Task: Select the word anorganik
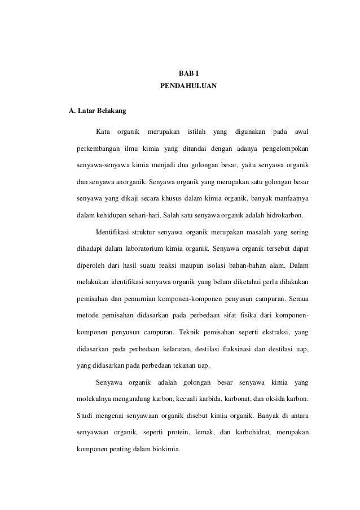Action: (x=126, y=182)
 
